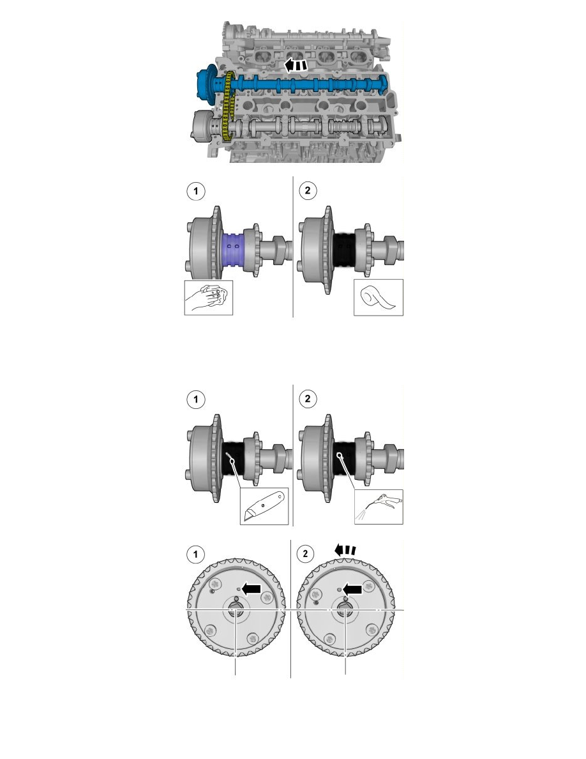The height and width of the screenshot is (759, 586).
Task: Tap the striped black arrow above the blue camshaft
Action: coord(296,65)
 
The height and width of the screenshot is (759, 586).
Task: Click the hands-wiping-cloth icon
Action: coord(207,297)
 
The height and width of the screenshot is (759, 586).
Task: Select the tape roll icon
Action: coord(379,297)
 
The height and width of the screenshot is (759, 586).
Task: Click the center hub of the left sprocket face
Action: coord(236,611)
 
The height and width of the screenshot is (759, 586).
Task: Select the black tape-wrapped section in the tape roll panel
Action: coord(345,247)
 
